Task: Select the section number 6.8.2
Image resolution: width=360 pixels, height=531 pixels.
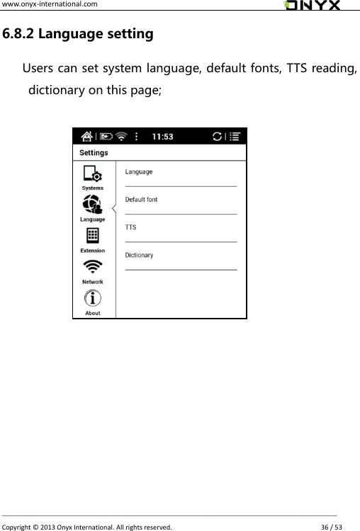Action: pos(18,33)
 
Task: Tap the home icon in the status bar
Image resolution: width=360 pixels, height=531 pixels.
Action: pos(86,137)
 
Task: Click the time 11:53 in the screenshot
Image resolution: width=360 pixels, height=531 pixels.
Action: pos(164,137)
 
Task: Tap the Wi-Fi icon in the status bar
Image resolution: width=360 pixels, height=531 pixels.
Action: pos(123,137)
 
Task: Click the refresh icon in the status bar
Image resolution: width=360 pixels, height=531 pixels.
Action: pos(216,137)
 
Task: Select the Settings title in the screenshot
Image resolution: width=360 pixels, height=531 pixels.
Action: pos(94,153)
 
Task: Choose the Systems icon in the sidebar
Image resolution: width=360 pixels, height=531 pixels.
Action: pos(92,174)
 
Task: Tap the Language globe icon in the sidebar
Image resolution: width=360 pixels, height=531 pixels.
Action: pos(92,205)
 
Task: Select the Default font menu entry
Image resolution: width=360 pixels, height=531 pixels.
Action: pos(142,200)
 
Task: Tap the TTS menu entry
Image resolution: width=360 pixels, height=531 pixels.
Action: pos(131,227)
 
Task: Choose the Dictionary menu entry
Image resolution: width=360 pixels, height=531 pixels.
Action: pos(139,255)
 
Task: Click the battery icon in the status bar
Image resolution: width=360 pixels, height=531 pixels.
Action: pos(106,137)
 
